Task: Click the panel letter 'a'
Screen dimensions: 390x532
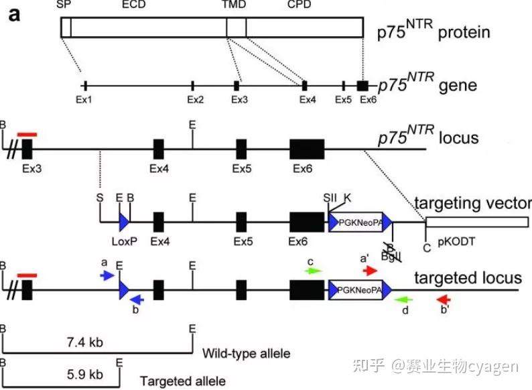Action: (x=14, y=13)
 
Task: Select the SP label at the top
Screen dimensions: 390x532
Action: (x=64, y=5)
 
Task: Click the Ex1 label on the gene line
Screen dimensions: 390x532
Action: (x=84, y=99)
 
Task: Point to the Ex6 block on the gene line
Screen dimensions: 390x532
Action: (x=362, y=86)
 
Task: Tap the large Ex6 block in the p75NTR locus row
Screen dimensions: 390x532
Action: (x=306, y=148)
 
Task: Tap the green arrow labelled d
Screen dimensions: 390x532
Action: (x=405, y=300)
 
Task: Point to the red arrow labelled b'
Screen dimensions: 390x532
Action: (x=445, y=300)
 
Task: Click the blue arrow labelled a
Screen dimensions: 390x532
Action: (x=106, y=275)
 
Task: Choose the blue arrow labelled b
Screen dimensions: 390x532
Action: (x=136, y=300)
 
